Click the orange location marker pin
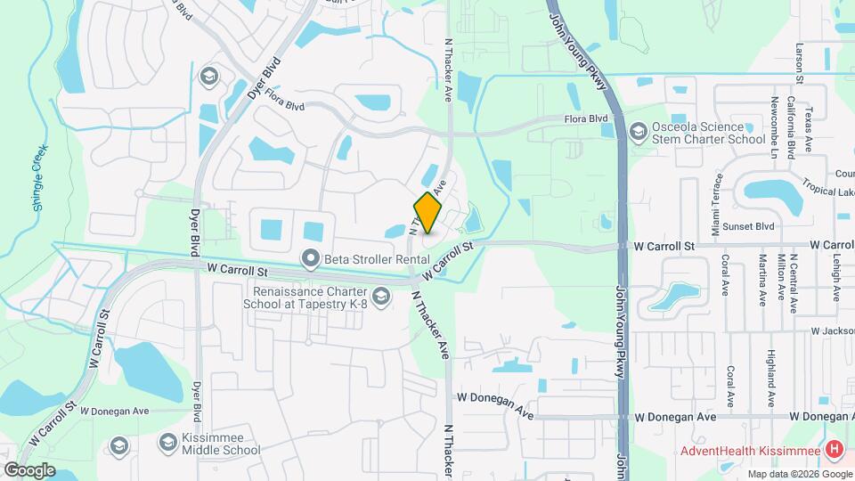pos(428,213)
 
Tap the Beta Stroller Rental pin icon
pos(311,259)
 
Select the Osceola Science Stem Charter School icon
pos(638,133)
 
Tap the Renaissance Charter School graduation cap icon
pos(381,297)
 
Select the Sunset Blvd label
pos(753,227)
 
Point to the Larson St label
pos(800,62)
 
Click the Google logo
pos(29,469)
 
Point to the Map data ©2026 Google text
pos(800,474)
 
